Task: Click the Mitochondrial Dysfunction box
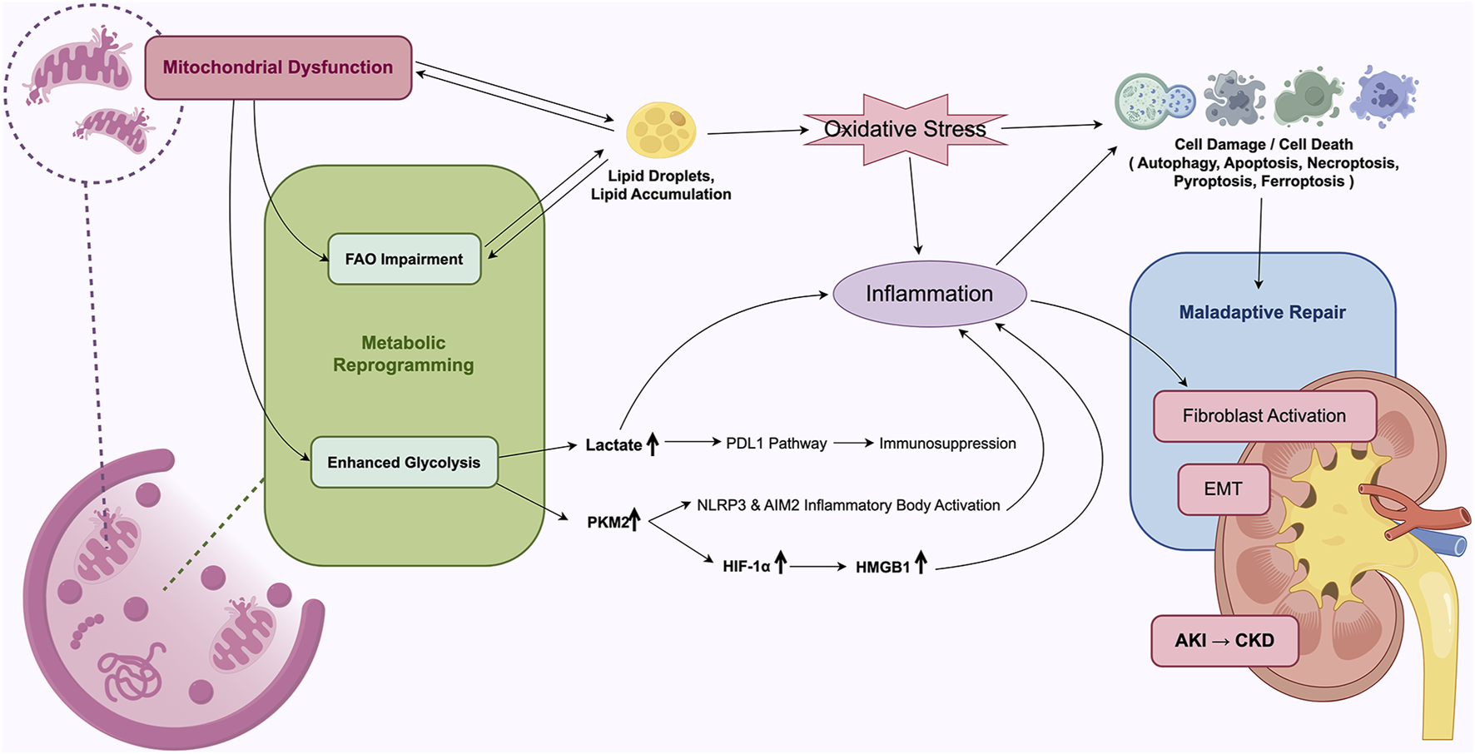click(278, 67)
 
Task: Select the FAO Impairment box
click(404, 259)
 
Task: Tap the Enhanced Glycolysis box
click(404, 462)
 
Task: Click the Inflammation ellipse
click(929, 294)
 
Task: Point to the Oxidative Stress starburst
click(905, 129)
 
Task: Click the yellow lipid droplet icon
click(660, 130)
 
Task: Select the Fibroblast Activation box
click(1264, 415)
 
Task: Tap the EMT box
click(1223, 489)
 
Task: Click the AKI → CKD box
click(1224, 640)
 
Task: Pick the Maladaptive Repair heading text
click(1262, 312)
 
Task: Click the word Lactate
click(613, 445)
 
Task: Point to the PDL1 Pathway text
click(776, 444)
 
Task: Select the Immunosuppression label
click(947, 444)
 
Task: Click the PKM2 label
click(608, 522)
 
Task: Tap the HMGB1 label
click(882, 567)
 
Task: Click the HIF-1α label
click(746, 567)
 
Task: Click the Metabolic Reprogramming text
click(404, 354)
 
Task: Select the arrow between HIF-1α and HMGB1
click(817, 566)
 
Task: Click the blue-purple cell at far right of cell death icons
click(1383, 97)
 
